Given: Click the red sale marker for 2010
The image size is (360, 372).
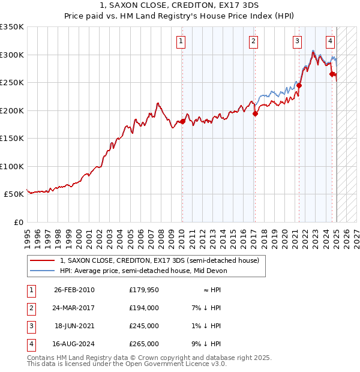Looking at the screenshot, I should pyautogui.click(x=182, y=122).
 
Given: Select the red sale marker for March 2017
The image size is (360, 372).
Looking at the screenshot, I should pyautogui.click(x=255, y=113).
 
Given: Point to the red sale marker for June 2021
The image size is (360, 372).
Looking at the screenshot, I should pyautogui.click(x=299, y=85).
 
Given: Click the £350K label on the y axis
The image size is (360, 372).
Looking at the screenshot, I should pyautogui.click(x=12, y=27).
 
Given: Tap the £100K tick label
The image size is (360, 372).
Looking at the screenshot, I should pyautogui.click(x=12, y=166).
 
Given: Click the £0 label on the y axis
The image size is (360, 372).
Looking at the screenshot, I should pyautogui.click(x=18, y=222).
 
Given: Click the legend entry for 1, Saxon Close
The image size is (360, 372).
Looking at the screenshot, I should pyautogui.click(x=159, y=260).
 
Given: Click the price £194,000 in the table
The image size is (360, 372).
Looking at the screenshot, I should pyautogui.click(x=144, y=308).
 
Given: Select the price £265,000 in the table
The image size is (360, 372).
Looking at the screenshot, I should pyautogui.click(x=144, y=344).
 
